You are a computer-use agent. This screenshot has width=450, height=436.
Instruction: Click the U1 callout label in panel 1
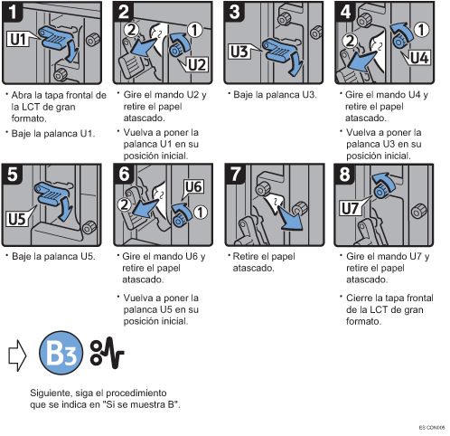[18, 39]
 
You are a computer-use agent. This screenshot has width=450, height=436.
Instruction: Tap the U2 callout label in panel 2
[197, 64]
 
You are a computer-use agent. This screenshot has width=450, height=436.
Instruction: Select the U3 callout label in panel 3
[239, 52]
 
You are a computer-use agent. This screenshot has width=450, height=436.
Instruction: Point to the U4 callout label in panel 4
[419, 57]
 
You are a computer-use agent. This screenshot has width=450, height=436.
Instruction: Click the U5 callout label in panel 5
[16, 219]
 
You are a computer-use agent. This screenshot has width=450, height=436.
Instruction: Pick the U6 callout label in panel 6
[193, 186]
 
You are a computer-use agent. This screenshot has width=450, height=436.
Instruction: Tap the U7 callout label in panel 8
[350, 208]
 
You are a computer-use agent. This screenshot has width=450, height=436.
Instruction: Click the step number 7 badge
[236, 174]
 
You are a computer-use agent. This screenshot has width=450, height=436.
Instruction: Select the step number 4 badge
[345, 12]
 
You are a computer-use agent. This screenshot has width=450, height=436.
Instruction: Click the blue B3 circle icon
[61, 353]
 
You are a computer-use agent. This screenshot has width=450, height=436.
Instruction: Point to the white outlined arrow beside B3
[17, 355]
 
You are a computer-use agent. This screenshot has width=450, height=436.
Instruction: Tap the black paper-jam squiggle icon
[107, 353]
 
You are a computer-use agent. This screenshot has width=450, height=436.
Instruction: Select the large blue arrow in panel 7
[289, 218]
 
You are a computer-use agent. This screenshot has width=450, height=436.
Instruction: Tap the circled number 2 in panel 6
[124, 204]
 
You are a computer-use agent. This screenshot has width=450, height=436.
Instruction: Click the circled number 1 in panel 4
[421, 30]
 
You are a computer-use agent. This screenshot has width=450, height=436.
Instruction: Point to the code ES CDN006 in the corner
[432, 428]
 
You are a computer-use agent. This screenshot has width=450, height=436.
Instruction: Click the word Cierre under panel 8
[360, 298]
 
